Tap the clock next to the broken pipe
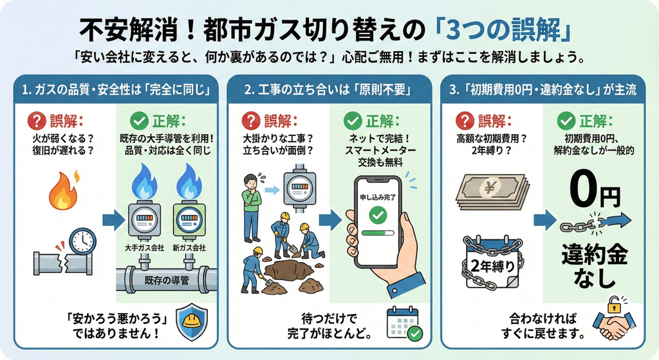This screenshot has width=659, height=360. coord(82,241)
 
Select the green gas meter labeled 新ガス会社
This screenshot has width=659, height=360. coord(189,221)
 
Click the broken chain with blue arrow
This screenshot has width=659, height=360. coord(595,222)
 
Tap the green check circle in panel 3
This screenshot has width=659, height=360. coord(565,120)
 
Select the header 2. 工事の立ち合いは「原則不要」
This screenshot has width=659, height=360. coord(329,90)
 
